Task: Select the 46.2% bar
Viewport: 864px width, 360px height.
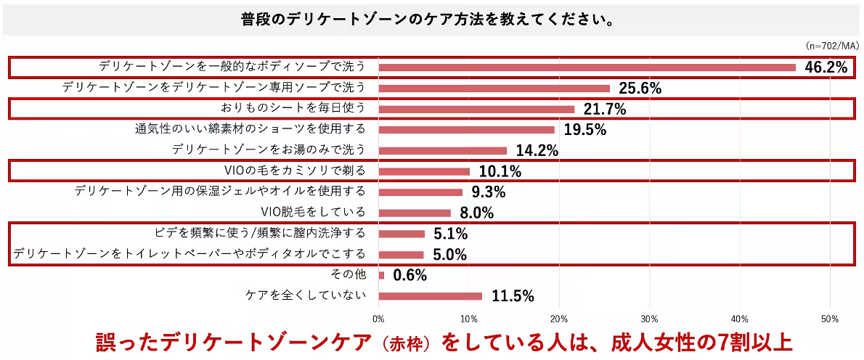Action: coord(587,67)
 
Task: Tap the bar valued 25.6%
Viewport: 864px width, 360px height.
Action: coord(494,89)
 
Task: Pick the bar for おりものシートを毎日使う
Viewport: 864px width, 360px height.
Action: coord(476,109)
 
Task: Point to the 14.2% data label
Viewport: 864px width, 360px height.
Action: coord(537,151)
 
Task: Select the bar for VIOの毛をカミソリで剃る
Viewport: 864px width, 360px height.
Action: coord(424,171)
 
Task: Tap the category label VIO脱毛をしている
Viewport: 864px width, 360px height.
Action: coord(313,213)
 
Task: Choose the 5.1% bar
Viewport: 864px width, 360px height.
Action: coord(402,234)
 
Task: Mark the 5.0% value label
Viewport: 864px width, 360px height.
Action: coord(450,255)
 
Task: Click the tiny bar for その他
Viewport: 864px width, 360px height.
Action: coord(381,275)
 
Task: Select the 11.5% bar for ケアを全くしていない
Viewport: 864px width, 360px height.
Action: coord(430,296)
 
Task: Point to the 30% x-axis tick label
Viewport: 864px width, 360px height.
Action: coord(649,318)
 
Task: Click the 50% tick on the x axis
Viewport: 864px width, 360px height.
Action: coord(830,318)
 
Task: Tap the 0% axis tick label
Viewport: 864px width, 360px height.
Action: coord(378,318)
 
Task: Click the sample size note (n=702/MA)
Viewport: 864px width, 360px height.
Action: coord(832,45)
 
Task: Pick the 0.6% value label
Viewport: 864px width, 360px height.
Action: coord(410,276)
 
